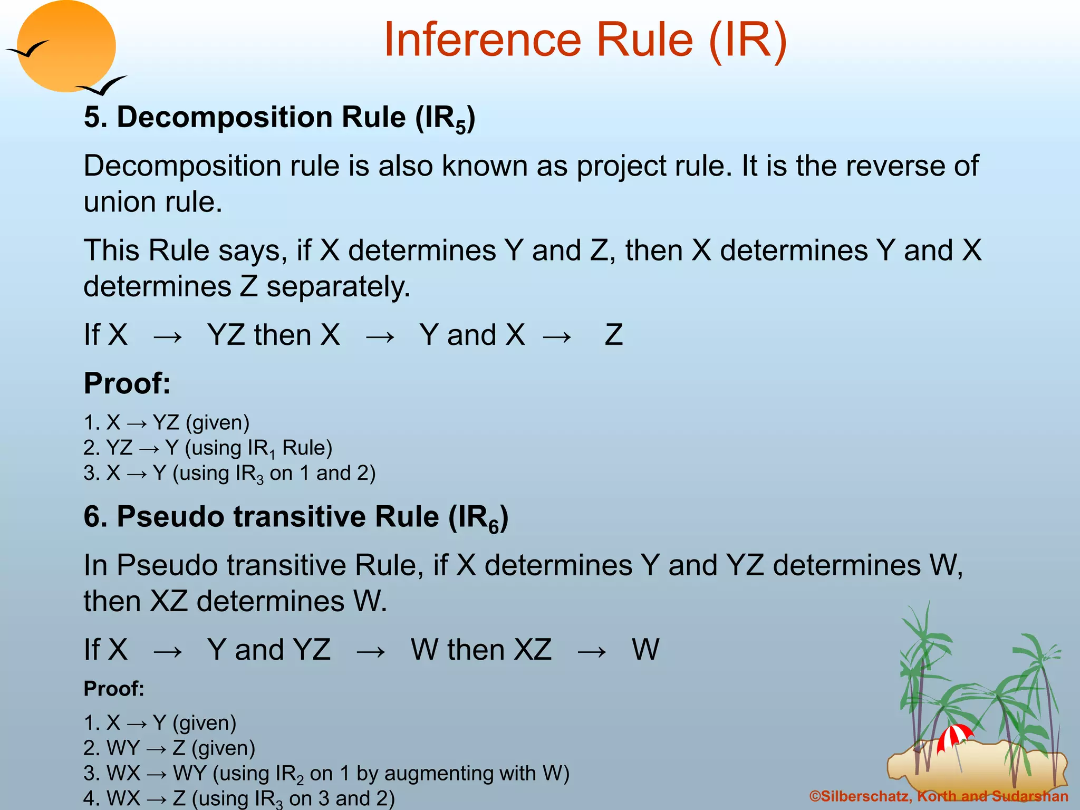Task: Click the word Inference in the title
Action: [482, 40]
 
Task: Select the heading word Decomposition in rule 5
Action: [224, 117]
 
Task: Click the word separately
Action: [337, 287]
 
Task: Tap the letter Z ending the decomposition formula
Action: [613, 335]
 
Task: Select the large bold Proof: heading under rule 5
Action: [127, 383]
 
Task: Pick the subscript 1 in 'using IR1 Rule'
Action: [272, 454]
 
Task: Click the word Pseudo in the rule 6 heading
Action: [170, 516]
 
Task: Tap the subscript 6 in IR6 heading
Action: [493, 527]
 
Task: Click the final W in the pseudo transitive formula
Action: [645, 650]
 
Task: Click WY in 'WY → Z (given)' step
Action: [122, 748]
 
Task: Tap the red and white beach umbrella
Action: [954, 736]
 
